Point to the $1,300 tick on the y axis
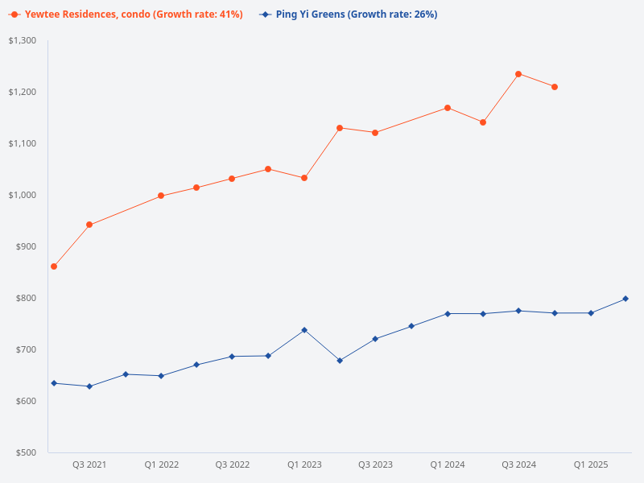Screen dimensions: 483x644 pos(23,40)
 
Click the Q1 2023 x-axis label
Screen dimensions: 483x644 pos(304,464)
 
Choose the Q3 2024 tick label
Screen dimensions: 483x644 pos(518,464)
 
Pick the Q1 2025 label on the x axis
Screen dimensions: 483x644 pos(590,464)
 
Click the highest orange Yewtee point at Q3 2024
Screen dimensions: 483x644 pos(518,74)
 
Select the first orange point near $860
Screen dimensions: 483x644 pos(54,266)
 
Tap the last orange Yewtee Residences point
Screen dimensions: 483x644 pos(555,87)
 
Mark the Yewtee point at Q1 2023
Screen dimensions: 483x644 pos(304,178)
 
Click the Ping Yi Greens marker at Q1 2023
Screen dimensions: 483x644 pos(304,330)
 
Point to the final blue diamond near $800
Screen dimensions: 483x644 pos(625,299)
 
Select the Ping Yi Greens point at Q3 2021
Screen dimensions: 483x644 pos(89,386)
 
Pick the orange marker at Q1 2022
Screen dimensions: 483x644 pos(161,196)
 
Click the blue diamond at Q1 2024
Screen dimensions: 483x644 pos(447,314)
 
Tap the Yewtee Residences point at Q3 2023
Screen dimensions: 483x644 pos(375,133)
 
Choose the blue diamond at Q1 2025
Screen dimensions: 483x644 pos(590,313)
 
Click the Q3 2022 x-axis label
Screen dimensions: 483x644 pos(233,464)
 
